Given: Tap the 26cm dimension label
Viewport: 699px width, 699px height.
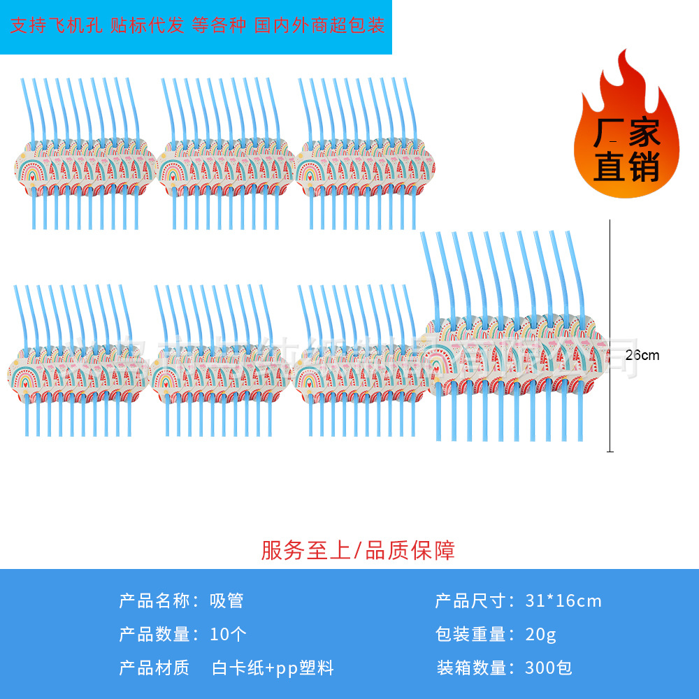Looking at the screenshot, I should [642, 355].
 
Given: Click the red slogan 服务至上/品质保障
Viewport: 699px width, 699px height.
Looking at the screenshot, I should [358, 550].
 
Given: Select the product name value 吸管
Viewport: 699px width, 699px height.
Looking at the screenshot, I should [226, 600].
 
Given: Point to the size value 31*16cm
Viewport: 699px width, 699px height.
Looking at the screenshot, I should [563, 600].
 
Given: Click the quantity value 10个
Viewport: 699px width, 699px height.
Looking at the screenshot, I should [228, 635].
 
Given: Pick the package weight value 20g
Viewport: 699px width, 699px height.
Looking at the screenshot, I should [541, 635].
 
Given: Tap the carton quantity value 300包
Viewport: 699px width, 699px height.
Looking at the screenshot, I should [549, 668].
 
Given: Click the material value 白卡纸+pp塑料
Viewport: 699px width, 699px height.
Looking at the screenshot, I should [273, 668].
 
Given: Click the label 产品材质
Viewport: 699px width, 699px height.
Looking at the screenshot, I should [154, 668].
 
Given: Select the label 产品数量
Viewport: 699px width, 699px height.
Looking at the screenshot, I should [154, 635].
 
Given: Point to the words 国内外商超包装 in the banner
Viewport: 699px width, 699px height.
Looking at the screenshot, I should [319, 27].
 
